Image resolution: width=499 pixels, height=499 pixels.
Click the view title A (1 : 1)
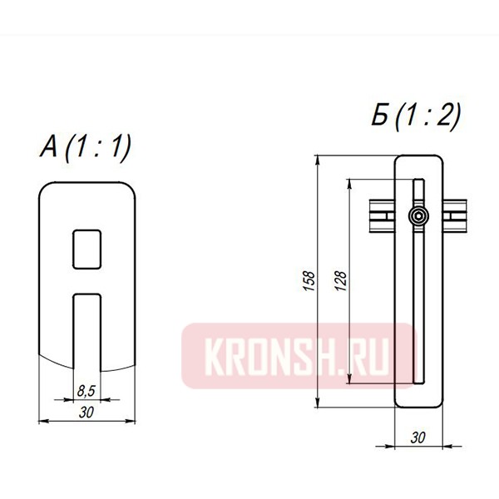[86, 148]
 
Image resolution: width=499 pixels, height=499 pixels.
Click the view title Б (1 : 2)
[416, 117]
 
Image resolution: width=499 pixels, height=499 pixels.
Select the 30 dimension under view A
[86, 412]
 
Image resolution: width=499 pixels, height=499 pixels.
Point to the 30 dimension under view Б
[419, 437]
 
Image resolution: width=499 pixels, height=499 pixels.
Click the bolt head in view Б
[420, 218]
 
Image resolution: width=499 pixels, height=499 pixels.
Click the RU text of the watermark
[378, 357]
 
